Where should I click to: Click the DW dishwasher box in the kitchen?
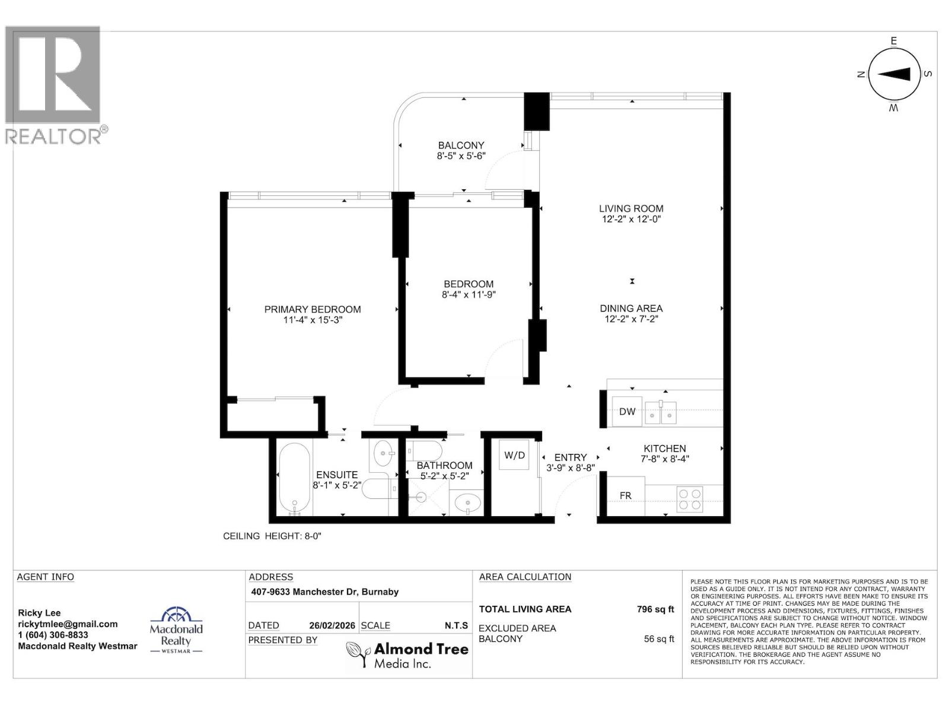tap(627, 411)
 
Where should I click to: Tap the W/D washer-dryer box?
tap(514, 455)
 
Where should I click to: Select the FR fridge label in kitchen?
tap(625, 495)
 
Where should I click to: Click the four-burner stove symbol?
tap(689, 499)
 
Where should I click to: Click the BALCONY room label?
tap(461, 145)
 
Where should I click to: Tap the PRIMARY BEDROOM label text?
tap(312, 309)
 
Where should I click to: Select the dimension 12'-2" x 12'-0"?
tap(630, 219)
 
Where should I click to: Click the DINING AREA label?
tap(630, 308)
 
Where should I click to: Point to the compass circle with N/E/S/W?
tap(894, 74)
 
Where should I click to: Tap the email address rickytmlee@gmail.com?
tap(68, 624)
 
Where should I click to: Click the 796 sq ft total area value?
tap(655, 609)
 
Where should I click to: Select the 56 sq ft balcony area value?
tap(658, 639)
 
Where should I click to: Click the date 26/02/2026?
tap(332, 625)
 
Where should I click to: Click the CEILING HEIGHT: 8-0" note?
tap(272, 536)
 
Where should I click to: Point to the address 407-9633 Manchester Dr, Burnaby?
tap(324, 592)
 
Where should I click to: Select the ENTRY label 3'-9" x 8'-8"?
tap(570, 462)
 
